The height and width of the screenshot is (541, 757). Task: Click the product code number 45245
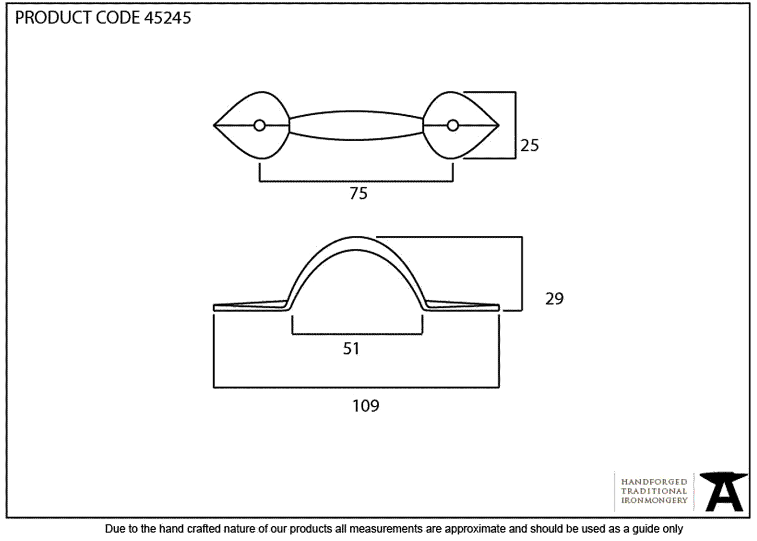168,17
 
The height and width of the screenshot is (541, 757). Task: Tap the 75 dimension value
358,194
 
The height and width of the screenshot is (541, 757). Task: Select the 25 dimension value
529,146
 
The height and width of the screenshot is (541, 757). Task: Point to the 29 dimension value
554,299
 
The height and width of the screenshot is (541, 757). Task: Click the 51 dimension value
351,348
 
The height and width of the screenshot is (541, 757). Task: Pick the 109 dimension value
366,406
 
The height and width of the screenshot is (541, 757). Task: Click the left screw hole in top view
260,126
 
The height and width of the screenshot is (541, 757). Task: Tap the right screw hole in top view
453,126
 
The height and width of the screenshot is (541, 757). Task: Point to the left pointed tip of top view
214,126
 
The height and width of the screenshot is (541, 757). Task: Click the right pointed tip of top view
499,126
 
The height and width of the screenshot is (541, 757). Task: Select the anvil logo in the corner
724,492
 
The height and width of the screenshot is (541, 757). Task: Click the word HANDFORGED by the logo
654,481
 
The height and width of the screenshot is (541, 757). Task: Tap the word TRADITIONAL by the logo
654,491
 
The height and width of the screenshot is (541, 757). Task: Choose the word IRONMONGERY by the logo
654,500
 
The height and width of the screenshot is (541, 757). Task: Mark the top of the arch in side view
356,237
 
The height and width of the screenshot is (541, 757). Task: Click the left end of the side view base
214,308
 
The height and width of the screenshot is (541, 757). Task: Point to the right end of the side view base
499,308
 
